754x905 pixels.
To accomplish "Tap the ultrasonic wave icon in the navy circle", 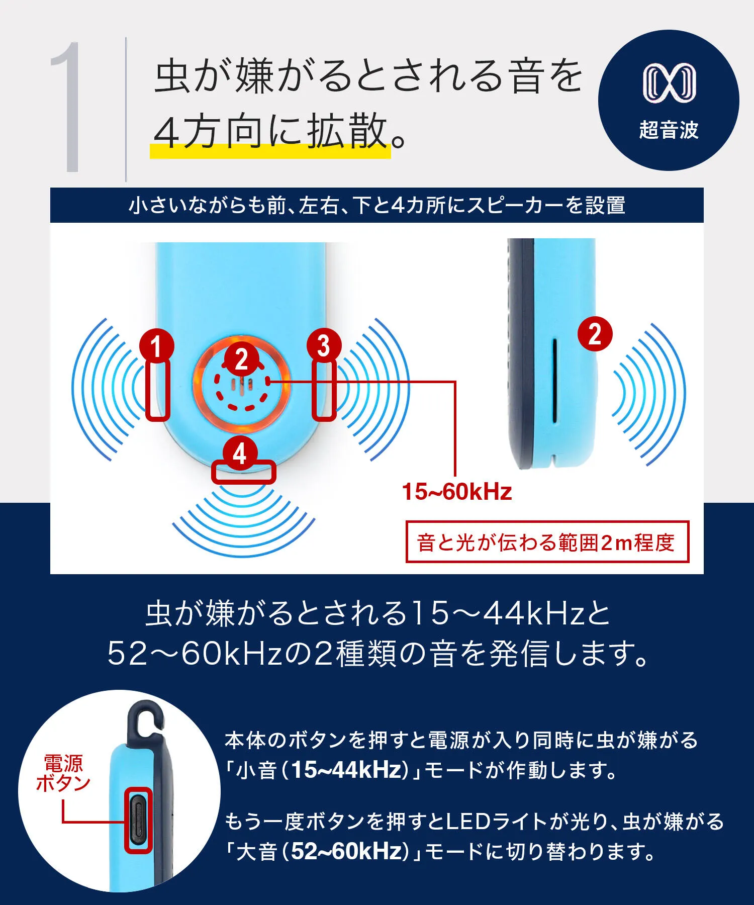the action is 669,83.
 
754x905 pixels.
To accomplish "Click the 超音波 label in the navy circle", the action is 669,130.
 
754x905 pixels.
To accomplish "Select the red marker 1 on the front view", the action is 157,346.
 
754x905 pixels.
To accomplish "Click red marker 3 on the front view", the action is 324,346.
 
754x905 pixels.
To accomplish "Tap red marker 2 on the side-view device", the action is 595,334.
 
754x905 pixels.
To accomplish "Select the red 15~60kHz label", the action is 457,492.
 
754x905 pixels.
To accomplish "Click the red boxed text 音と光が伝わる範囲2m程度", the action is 547,542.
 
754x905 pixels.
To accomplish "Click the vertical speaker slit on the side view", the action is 554,381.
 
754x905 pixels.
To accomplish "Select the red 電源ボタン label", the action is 63,773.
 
